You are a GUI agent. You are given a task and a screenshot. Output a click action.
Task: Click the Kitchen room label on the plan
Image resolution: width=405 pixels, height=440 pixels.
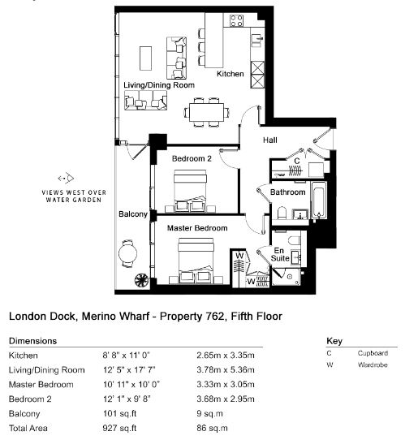(x=230, y=74)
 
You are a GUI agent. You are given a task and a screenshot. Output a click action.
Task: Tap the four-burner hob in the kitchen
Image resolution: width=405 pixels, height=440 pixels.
(x=236, y=21)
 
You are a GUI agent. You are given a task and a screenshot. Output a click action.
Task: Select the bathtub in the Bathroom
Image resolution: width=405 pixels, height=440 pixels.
(x=320, y=200)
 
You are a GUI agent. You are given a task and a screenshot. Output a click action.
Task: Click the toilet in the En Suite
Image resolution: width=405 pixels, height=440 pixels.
(x=295, y=240)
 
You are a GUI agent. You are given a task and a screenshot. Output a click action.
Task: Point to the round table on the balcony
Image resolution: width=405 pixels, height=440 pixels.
(x=127, y=253)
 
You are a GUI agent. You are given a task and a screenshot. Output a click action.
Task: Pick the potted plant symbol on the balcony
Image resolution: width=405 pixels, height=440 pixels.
(x=141, y=280)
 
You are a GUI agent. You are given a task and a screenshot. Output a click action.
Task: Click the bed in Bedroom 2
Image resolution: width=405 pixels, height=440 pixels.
(x=190, y=191)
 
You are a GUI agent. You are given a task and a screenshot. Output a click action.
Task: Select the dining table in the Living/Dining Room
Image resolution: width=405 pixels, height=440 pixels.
(x=206, y=112)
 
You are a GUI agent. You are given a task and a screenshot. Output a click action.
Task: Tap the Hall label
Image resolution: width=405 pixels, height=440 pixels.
(x=270, y=140)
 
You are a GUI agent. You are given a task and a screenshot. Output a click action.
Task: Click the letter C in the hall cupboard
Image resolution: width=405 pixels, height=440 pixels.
(x=297, y=161)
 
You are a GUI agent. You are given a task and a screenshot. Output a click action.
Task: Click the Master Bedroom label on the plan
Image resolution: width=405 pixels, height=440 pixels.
(x=197, y=228)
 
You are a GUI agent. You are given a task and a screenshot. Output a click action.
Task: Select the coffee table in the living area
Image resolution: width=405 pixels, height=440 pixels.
(x=145, y=58)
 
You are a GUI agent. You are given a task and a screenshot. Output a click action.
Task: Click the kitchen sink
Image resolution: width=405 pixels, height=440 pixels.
(x=257, y=41)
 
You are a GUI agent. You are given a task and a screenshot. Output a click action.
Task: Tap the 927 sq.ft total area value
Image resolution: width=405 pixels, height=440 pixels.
(x=119, y=428)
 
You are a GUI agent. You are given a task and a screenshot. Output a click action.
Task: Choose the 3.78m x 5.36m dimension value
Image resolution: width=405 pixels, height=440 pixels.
(x=226, y=370)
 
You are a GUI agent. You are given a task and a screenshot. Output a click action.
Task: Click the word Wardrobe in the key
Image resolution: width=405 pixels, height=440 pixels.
(x=373, y=365)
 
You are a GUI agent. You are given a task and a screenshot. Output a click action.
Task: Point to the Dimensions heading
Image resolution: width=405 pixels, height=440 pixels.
(x=32, y=341)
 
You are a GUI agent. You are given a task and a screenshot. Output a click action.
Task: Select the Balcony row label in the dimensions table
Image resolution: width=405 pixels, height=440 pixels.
(x=24, y=414)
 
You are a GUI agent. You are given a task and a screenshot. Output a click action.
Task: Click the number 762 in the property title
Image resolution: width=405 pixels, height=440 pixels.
(x=214, y=317)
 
